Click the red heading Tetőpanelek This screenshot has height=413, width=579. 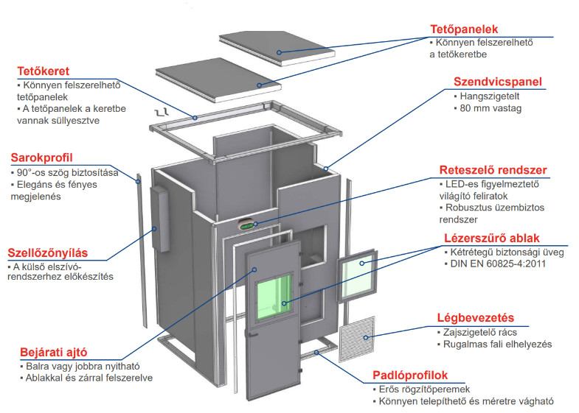[x=464, y=29]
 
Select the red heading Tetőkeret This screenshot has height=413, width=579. [x=44, y=71]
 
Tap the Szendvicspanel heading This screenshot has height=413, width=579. [x=497, y=82]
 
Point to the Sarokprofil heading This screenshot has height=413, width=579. [x=42, y=158]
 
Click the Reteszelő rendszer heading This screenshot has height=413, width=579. [x=493, y=170]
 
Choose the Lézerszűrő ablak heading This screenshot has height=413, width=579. [x=492, y=238]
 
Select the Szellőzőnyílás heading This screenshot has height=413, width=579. [x=48, y=253]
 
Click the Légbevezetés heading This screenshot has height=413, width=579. [x=476, y=317]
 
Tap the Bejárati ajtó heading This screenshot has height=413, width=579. [x=54, y=352]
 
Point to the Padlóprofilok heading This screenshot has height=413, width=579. [x=410, y=375]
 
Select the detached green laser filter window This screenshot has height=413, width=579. [x=358, y=275]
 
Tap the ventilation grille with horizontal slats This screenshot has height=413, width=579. [x=357, y=339]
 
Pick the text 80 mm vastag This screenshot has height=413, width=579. [x=490, y=108]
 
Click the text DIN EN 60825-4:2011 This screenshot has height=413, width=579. [x=498, y=264]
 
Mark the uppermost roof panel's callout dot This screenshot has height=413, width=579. [x=279, y=53]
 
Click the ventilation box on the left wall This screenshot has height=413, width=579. [x=159, y=219]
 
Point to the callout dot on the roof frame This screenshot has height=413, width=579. [x=195, y=118]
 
